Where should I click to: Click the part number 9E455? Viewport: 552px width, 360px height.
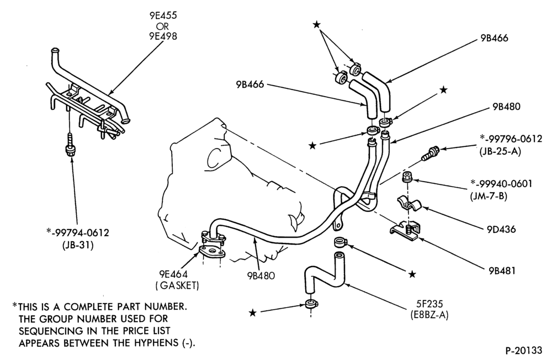[x=162, y=16]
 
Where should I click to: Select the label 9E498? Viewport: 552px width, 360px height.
[x=162, y=36]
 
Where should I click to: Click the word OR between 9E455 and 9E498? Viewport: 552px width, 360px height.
[x=162, y=27]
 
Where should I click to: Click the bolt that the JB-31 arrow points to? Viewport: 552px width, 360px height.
[x=69, y=145]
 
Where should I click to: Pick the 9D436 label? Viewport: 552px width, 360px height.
[x=501, y=229]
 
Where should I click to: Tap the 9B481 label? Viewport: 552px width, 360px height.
[x=502, y=271]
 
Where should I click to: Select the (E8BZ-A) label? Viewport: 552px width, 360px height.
[x=429, y=314]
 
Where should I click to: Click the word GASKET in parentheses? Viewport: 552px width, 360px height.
[x=177, y=285]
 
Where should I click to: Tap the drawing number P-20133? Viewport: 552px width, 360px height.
[x=524, y=351]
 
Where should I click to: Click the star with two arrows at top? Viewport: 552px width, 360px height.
[x=316, y=24]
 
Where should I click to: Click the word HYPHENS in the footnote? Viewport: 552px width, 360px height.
[x=156, y=343]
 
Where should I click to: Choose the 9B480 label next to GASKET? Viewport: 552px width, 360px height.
[x=261, y=275]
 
